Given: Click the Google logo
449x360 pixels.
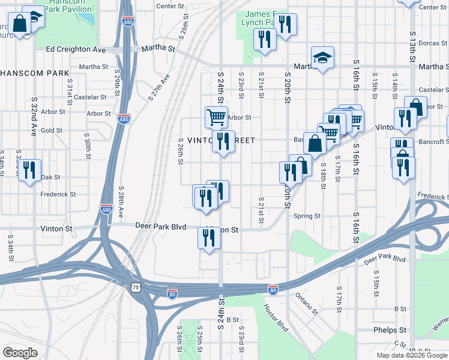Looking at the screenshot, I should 20,352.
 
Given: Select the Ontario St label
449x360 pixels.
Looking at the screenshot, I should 306,304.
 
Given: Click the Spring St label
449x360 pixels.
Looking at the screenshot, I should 307,216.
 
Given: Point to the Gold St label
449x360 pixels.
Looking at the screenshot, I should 52,130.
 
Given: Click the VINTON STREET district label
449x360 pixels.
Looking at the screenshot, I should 221,140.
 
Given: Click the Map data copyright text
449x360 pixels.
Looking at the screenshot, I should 412,355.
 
